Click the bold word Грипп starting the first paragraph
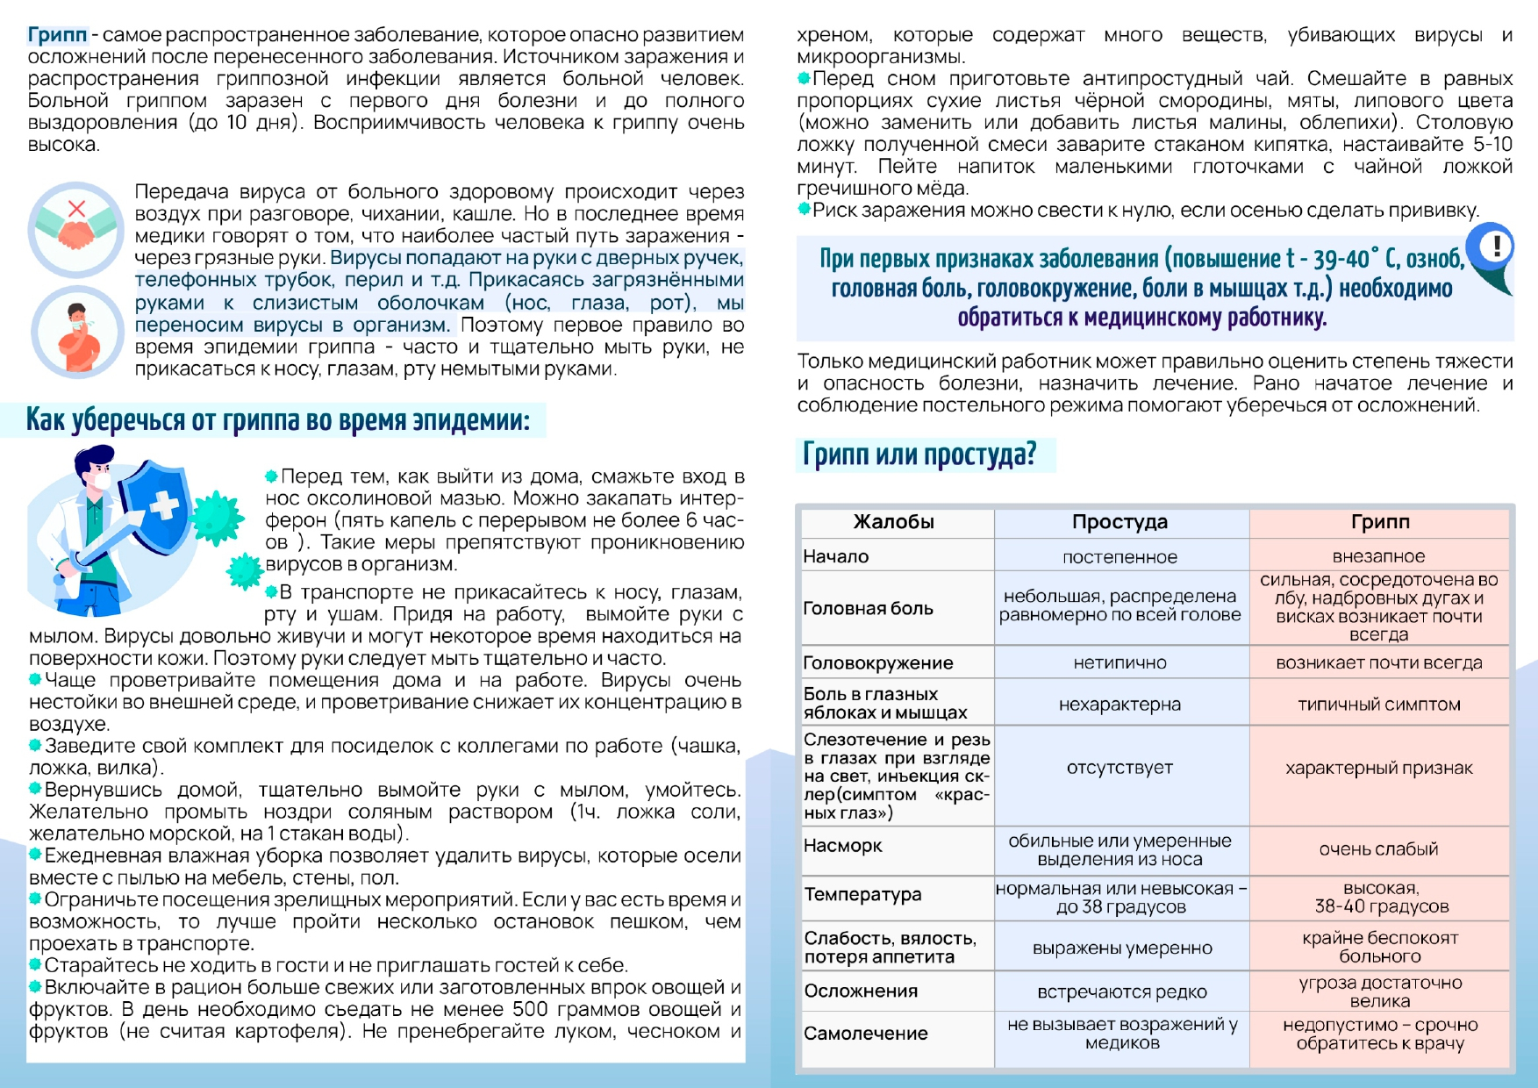pyautogui.click(x=57, y=35)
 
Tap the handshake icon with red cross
pyautogui.click(x=75, y=229)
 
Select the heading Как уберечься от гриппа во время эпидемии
pyautogui.click(x=277, y=420)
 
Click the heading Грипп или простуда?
pyautogui.click(x=919, y=455)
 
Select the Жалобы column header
pyautogui.click(x=893, y=522)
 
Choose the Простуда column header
pyautogui.click(x=1120, y=522)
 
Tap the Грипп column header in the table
pyautogui.click(x=1379, y=522)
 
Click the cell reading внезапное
pyautogui.click(x=1378, y=556)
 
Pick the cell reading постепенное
pyautogui.click(x=1120, y=557)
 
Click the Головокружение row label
pyautogui.click(x=866, y=663)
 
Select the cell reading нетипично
pyautogui.click(x=1120, y=663)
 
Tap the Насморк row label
pyautogui.click(x=843, y=846)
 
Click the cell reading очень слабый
pyautogui.click(x=1378, y=849)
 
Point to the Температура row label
pyautogui.click(x=862, y=895)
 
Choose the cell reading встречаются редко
pyautogui.click(x=1121, y=992)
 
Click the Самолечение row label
pyautogui.click(x=865, y=1034)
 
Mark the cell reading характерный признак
pyautogui.click(x=1378, y=769)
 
